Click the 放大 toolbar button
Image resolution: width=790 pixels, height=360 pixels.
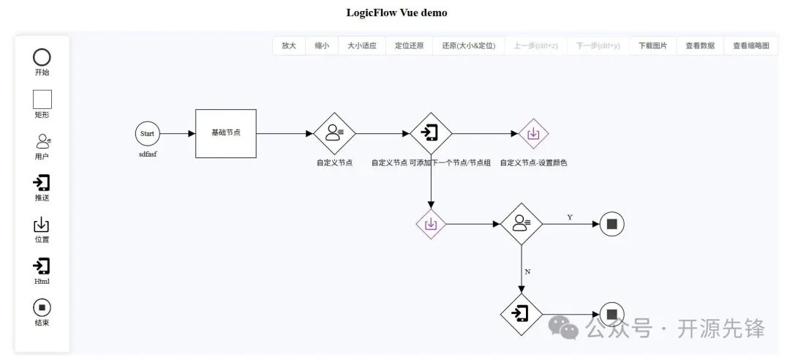tap(289, 45)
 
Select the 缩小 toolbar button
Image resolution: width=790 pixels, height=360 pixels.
tap(322, 45)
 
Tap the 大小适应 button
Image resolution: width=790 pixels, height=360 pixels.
tap(361, 45)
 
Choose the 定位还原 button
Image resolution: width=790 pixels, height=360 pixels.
tap(409, 45)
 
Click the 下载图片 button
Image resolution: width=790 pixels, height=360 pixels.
tap(652, 45)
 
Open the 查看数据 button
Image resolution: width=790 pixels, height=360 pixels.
tap(700, 45)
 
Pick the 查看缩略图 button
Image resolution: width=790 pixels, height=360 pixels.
tap(751, 45)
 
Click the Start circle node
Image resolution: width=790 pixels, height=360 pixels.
tap(147, 134)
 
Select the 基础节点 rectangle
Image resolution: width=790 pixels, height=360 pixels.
tap(225, 133)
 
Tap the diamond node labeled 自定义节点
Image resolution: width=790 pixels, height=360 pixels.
tap(334, 133)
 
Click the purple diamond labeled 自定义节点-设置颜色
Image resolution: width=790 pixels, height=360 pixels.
tap(534, 133)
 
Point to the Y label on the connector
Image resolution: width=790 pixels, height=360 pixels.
tap(570, 217)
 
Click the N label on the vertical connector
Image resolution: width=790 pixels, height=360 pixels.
tap(527, 271)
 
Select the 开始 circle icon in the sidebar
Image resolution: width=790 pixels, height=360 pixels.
tap(42, 57)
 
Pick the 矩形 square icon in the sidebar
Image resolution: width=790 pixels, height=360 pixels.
tap(42, 99)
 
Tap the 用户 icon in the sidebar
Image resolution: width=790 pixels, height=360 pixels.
tap(42, 140)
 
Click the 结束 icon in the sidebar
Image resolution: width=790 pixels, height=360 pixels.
tap(42, 307)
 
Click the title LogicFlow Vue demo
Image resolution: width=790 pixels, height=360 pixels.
tap(396, 12)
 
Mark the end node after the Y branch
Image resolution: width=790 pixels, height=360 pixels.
tap(612, 224)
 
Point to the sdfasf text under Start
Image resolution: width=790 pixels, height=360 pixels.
tap(148, 155)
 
